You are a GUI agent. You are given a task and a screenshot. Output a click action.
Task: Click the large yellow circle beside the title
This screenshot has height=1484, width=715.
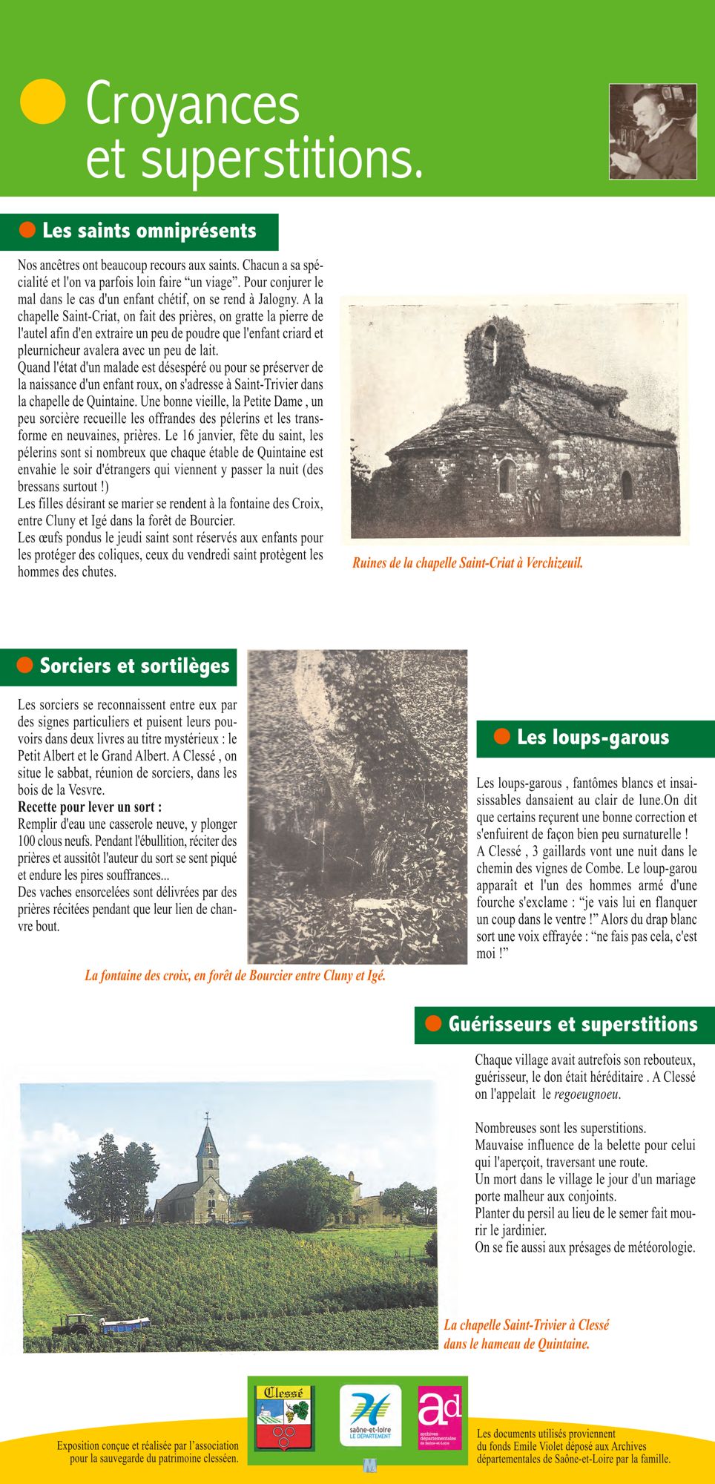[42, 101]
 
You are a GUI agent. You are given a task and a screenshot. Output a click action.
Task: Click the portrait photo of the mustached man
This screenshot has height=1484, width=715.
[653, 131]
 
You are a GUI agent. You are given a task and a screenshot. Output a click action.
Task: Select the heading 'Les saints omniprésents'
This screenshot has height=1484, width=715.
[149, 231]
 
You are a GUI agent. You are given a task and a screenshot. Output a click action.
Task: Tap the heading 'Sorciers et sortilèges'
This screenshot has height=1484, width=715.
[134, 666]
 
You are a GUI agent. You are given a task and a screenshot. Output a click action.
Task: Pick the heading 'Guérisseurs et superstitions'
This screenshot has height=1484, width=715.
[573, 1025]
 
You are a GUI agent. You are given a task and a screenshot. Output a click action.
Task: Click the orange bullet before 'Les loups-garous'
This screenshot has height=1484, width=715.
[502, 737]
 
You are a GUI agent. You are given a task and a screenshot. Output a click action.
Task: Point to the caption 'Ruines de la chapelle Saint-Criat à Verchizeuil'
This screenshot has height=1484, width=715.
[467, 563]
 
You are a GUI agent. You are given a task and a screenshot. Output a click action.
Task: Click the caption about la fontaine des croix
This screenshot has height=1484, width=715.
[235, 976]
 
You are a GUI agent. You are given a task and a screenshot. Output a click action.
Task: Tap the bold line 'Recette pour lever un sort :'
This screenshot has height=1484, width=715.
[90, 807]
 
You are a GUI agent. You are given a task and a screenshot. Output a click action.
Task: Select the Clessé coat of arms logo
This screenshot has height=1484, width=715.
[284, 1418]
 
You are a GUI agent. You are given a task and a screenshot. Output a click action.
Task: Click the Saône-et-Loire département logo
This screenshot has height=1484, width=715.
[370, 1415]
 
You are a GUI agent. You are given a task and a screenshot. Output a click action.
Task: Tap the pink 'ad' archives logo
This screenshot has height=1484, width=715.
[439, 1416]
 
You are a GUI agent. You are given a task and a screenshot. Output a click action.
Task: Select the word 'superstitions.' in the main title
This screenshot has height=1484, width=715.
[282, 159]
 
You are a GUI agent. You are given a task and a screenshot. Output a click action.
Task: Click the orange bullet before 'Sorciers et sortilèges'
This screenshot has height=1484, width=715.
[24, 665]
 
